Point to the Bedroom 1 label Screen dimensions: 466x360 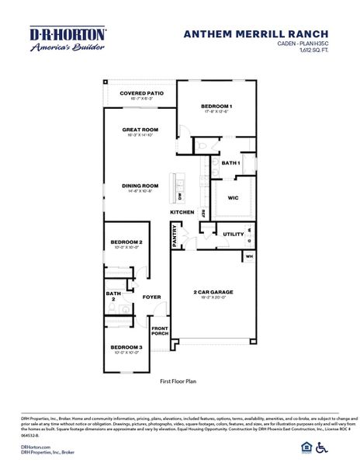217,106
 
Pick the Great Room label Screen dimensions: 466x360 140,130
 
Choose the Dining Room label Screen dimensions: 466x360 140,186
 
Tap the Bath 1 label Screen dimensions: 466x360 230,163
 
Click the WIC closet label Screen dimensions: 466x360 233,198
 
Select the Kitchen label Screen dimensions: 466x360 182,212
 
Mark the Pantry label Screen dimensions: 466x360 175,237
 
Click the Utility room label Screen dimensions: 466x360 233,233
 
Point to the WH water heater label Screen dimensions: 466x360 250,255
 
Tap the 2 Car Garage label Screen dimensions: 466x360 213,292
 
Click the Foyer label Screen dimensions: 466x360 151,297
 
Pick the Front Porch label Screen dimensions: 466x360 160,332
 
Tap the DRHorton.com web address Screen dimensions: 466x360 36,447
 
